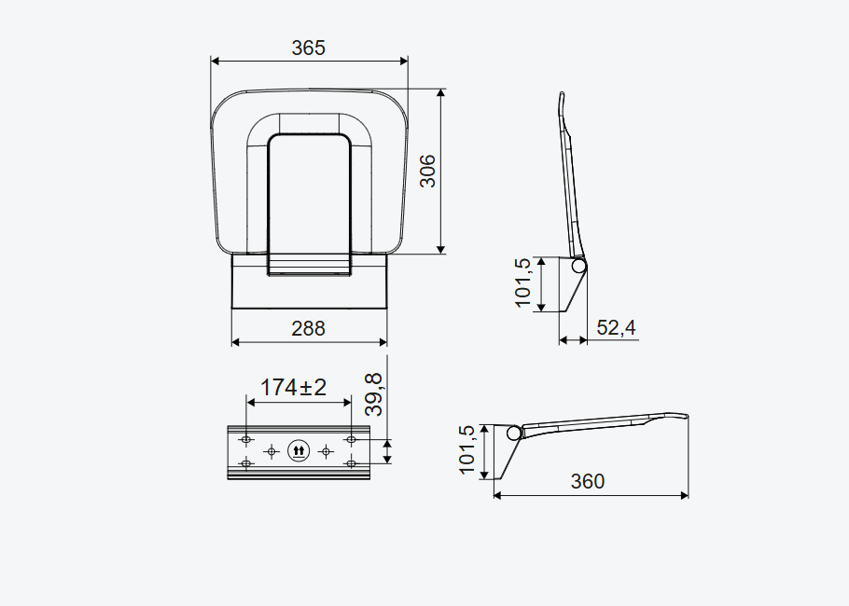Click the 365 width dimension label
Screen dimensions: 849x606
[x=309, y=48]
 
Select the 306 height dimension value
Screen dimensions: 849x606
[x=427, y=171]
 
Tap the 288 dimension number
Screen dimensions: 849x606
[x=309, y=328]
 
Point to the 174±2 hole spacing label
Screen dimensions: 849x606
[x=294, y=388]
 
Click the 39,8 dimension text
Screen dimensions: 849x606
[x=373, y=394]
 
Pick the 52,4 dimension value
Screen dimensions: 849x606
[x=616, y=327]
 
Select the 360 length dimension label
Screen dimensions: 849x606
[x=588, y=481]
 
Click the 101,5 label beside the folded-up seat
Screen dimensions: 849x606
[x=523, y=282]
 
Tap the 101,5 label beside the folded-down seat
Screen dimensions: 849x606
[x=466, y=450]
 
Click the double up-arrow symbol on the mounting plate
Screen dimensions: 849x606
[x=299, y=450]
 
